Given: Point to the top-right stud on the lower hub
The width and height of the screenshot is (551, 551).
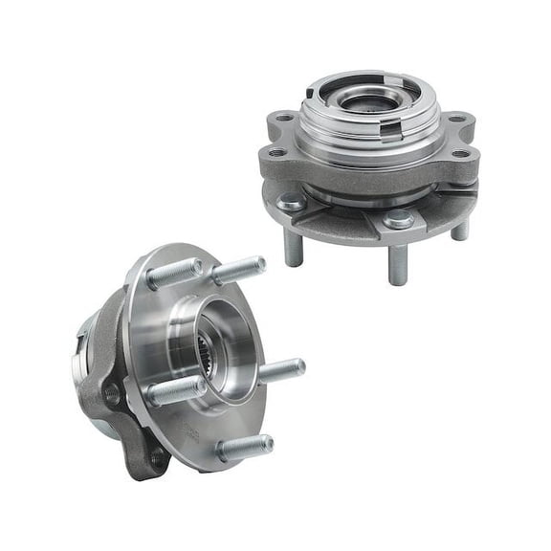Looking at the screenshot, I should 239,269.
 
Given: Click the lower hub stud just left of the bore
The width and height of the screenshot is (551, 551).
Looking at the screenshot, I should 176,390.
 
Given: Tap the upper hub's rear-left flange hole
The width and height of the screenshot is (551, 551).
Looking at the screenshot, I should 282,121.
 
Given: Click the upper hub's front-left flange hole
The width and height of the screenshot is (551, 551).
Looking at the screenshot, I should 276,152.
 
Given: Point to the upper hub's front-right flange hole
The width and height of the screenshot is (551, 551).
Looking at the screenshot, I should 461,153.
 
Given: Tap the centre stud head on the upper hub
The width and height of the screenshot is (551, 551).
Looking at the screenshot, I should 399,220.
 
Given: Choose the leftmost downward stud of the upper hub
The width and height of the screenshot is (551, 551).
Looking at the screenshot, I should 294,248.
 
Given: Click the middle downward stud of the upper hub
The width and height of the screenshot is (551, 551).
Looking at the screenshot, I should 398,263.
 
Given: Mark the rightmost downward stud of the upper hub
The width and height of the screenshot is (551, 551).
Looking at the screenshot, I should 460,229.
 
